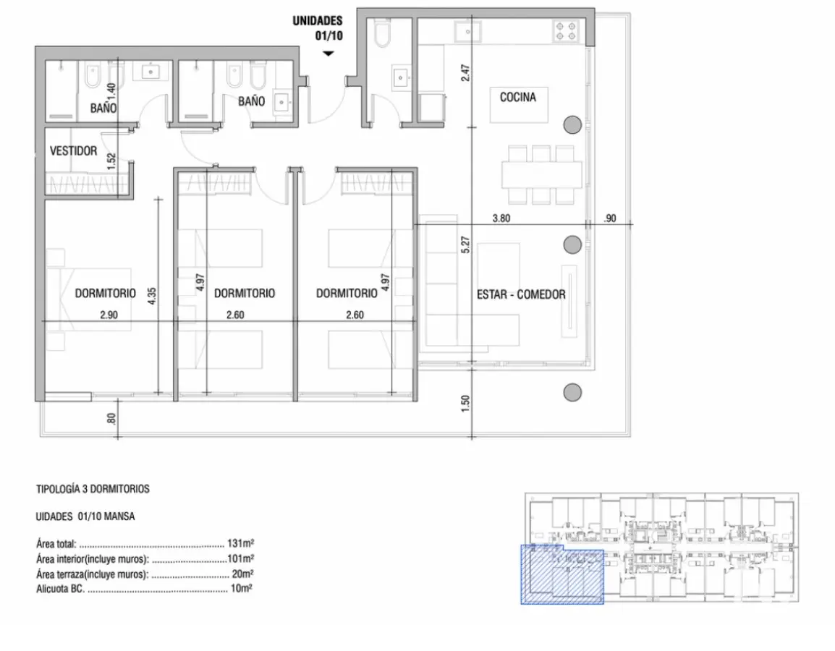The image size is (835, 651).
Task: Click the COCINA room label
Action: coord(517,98)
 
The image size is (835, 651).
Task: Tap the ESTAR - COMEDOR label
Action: coord(521,294)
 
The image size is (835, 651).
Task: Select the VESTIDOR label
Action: coord(74,151)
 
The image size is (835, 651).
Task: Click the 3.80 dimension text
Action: coord(501,218)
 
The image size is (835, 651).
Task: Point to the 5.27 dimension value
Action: coord(465,244)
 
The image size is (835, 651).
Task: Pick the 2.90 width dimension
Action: coord(109,315)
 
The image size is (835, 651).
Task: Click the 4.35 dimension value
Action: coord(152,296)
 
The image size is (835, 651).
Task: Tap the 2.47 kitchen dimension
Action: coord(465,72)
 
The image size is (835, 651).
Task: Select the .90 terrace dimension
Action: coord(610,218)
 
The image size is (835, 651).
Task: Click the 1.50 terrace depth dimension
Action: coord(465,403)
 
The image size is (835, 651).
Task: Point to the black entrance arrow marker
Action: coord(329,54)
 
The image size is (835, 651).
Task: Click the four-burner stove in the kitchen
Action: coord(566,30)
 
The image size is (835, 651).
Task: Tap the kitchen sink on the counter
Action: coord(467,31)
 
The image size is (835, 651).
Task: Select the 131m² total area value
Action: coord(240,543)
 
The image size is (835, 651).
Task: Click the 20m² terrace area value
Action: coord(242,574)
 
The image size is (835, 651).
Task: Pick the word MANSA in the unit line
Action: coord(119,516)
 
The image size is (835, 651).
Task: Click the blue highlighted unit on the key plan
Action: coord(561,574)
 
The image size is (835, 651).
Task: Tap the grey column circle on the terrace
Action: coord(572,393)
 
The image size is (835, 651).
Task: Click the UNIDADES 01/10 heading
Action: coord(318,28)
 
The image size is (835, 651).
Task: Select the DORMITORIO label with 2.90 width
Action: coord(105,293)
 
